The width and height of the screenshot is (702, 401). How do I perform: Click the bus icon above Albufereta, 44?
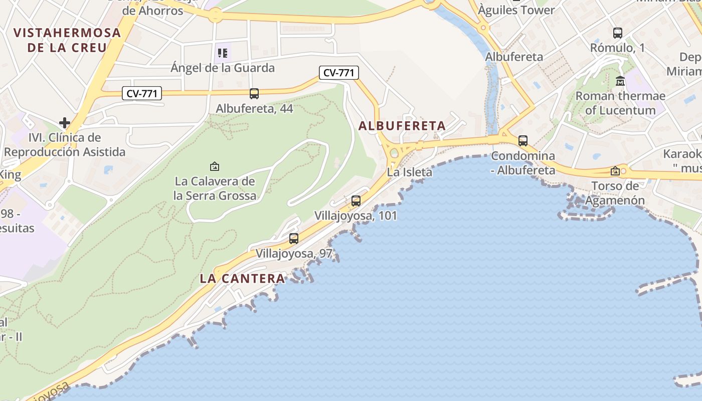pos(254,93)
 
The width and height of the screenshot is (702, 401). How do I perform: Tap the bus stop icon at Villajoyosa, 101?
pos(356,201)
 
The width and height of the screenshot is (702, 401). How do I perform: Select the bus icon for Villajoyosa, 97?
pos(294,239)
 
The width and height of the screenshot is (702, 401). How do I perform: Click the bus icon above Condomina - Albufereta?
pos(523,141)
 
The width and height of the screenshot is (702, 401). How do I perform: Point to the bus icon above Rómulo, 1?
pos(618,33)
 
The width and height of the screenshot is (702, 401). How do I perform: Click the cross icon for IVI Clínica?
pos(64,122)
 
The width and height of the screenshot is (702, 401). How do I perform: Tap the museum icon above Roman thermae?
pos(620,81)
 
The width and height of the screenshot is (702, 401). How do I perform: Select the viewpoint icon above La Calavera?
pos(215,166)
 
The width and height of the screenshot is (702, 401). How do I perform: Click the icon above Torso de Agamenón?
pos(615,171)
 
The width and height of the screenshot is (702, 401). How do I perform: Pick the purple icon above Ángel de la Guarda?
pos(223,53)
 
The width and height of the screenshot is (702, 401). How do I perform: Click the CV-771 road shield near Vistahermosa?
pos(142,93)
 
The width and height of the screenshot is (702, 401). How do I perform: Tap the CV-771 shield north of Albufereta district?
pos(339,73)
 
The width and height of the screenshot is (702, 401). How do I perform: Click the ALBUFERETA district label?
pos(402,126)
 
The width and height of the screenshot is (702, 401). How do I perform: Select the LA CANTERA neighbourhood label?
pos(242,279)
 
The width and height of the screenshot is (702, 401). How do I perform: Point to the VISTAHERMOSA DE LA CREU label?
pos(67,40)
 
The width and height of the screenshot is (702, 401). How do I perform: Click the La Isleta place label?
pos(409,172)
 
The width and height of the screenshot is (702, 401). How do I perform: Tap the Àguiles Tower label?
pos(516,10)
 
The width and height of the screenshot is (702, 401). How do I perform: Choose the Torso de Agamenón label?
pos(615,193)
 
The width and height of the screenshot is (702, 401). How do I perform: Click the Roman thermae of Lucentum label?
pos(620,103)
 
